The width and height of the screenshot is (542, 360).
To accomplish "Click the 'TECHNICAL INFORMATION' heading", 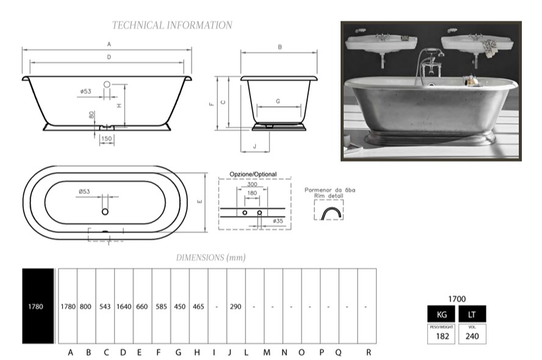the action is tap(172, 25).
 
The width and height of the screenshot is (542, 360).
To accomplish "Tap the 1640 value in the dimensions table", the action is tap(124, 306).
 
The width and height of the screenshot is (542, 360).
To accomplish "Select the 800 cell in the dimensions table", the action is tap(85, 306).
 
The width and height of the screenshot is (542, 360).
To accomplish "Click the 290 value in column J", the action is tap(236, 306).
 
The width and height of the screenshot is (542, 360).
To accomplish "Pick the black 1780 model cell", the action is tap(38, 306).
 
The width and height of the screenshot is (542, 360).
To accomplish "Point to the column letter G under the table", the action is tap(178, 353).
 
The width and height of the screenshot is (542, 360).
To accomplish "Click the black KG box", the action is tap(441, 314).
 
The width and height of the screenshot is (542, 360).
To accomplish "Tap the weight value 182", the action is tap(443, 336).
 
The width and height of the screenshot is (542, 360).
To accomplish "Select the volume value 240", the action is tap(472, 336).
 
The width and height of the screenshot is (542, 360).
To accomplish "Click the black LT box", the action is tap(472, 314).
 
